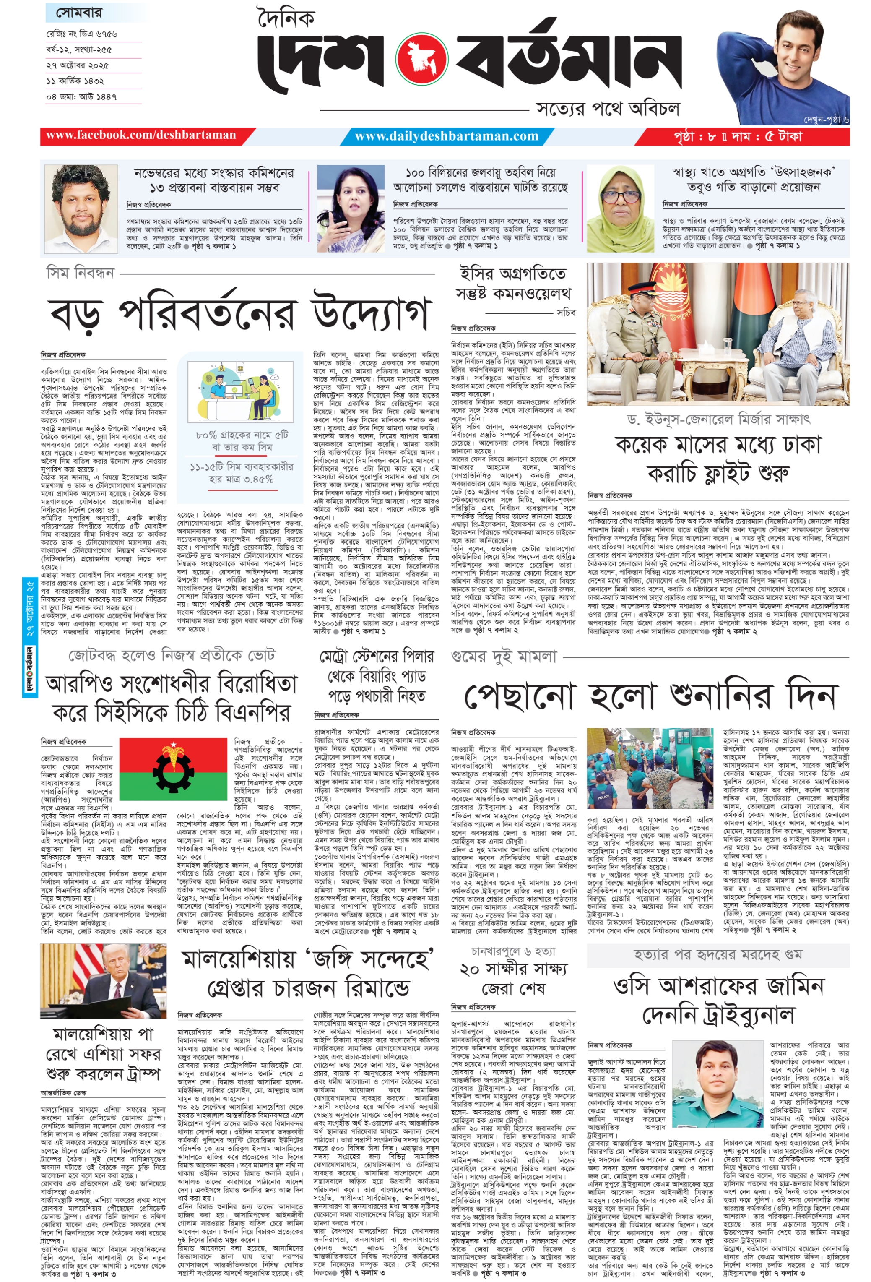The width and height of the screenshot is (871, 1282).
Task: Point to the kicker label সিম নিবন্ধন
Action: [80, 273]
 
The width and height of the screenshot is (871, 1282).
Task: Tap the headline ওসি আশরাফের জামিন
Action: [718, 986]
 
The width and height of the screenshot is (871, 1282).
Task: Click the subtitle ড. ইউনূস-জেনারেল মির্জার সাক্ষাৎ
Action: [718, 419]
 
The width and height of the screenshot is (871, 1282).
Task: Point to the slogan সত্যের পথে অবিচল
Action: [608, 109]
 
